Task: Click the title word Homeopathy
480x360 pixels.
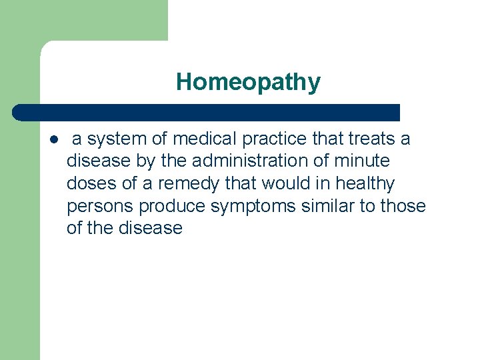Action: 248,83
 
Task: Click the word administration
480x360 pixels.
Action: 243,161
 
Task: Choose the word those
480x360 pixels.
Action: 403,205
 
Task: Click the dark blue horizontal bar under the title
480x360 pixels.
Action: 207,112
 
